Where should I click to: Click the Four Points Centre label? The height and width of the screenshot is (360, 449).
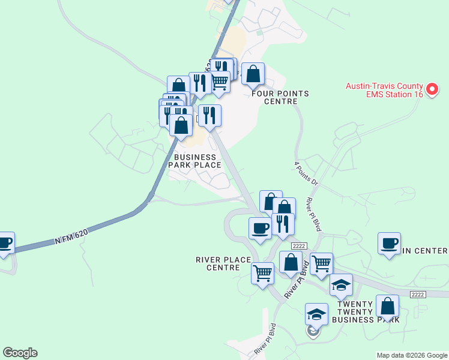point(280,97)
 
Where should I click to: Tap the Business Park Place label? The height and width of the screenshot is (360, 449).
point(195,161)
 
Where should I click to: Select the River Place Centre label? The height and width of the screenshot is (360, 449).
point(223,263)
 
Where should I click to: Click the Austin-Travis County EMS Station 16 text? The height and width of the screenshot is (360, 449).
point(384,89)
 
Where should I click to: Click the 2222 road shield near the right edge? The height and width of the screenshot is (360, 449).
point(419,294)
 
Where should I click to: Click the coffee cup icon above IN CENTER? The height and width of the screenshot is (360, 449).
point(389,243)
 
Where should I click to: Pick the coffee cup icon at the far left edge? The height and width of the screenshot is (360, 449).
point(5,243)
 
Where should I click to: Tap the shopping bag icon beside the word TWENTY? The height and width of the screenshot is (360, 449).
point(388,305)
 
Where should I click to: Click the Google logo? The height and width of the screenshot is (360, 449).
point(20,353)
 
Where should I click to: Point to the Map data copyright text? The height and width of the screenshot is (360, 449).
point(412,355)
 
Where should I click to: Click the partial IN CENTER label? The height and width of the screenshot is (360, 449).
point(424,251)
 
